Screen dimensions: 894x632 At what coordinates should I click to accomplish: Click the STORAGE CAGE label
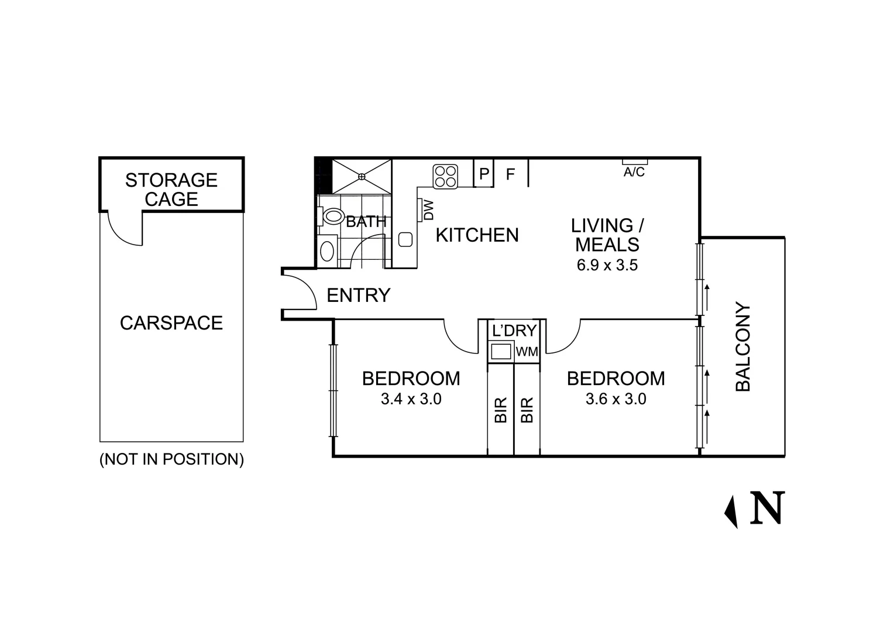click(171, 190)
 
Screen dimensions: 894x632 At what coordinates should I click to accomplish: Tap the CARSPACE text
click(171, 323)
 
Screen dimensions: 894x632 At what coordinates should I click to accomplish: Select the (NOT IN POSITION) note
click(171, 459)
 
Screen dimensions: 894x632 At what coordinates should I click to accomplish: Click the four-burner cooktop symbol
click(445, 177)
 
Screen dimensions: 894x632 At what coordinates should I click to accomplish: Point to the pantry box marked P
click(484, 173)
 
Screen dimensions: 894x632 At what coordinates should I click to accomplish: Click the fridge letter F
click(510, 174)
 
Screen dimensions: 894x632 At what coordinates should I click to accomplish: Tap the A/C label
click(634, 172)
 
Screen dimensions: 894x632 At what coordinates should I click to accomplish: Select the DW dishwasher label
click(429, 210)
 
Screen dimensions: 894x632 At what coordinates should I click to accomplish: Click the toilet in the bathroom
click(331, 217)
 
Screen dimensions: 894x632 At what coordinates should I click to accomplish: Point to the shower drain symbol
click(362, 176)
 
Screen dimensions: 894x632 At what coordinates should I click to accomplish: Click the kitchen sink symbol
click(405, 239)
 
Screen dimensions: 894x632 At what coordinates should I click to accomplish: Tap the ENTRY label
click(359, 296)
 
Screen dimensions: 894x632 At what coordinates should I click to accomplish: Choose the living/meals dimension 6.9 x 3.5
click(607, 265)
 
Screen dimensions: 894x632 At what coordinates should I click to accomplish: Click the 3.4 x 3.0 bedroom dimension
click(411, 399)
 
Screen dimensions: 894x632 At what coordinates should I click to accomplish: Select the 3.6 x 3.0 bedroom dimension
click(616, 399)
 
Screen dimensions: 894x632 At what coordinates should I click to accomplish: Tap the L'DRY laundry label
click(514, 331)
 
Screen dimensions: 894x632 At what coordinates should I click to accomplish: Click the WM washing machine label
click(527, 352)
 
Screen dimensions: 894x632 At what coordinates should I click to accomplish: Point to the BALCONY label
click(742, 346)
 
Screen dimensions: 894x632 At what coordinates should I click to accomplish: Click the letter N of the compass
click(767, 507)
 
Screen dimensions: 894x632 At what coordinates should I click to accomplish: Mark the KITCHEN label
click(477, 235)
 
